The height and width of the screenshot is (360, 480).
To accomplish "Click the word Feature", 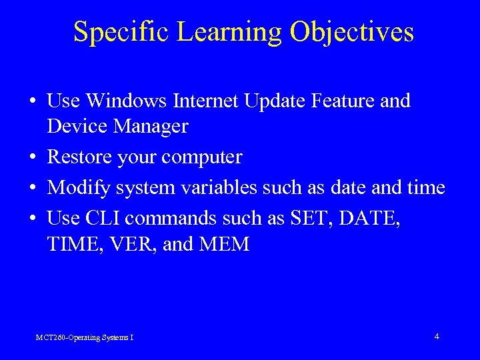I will point(344,101).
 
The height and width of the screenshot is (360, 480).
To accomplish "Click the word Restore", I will point(79,157).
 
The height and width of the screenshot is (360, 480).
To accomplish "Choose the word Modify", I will point(79,189).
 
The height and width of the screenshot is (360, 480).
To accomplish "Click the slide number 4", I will point(437,337).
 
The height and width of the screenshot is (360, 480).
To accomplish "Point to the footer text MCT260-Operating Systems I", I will point(85,338).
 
